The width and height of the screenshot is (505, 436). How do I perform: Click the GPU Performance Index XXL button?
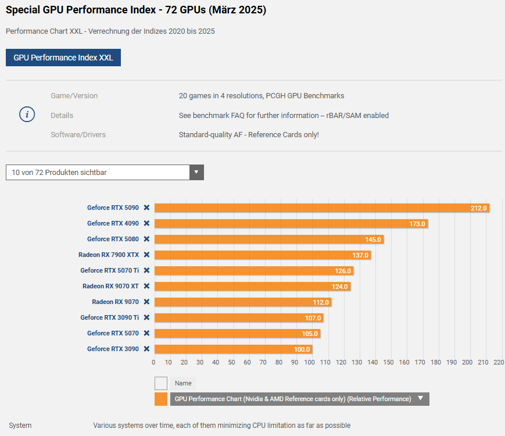pos(63,58)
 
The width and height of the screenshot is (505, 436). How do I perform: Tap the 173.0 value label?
pos(417,224)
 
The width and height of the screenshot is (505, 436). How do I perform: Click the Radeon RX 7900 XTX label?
pos(109,255)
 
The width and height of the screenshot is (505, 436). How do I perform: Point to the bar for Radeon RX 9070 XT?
pos(252,287)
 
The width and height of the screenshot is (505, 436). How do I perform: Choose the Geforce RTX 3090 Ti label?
pos(109,317)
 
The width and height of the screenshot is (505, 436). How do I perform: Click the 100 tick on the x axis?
pos(310,362)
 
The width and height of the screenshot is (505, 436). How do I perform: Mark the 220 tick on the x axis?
pos(498,362)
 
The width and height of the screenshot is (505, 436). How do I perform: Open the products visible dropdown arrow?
pos(196,172)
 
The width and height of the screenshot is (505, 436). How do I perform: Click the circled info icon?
pos(27,115)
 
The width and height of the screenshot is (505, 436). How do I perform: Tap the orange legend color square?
pos(161,399)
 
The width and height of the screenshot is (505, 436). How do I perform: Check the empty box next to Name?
pos(161,383)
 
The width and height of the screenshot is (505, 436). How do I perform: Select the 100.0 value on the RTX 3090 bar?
pos(302,349)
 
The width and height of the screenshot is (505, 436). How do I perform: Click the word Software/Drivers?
pos(78,135)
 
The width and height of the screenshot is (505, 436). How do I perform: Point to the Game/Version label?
pos(74,96)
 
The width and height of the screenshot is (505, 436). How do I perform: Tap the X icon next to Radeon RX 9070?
pos(147,302)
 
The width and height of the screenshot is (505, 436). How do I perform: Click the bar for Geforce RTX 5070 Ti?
pos(253,271)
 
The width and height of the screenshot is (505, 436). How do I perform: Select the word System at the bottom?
pos(20,426)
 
